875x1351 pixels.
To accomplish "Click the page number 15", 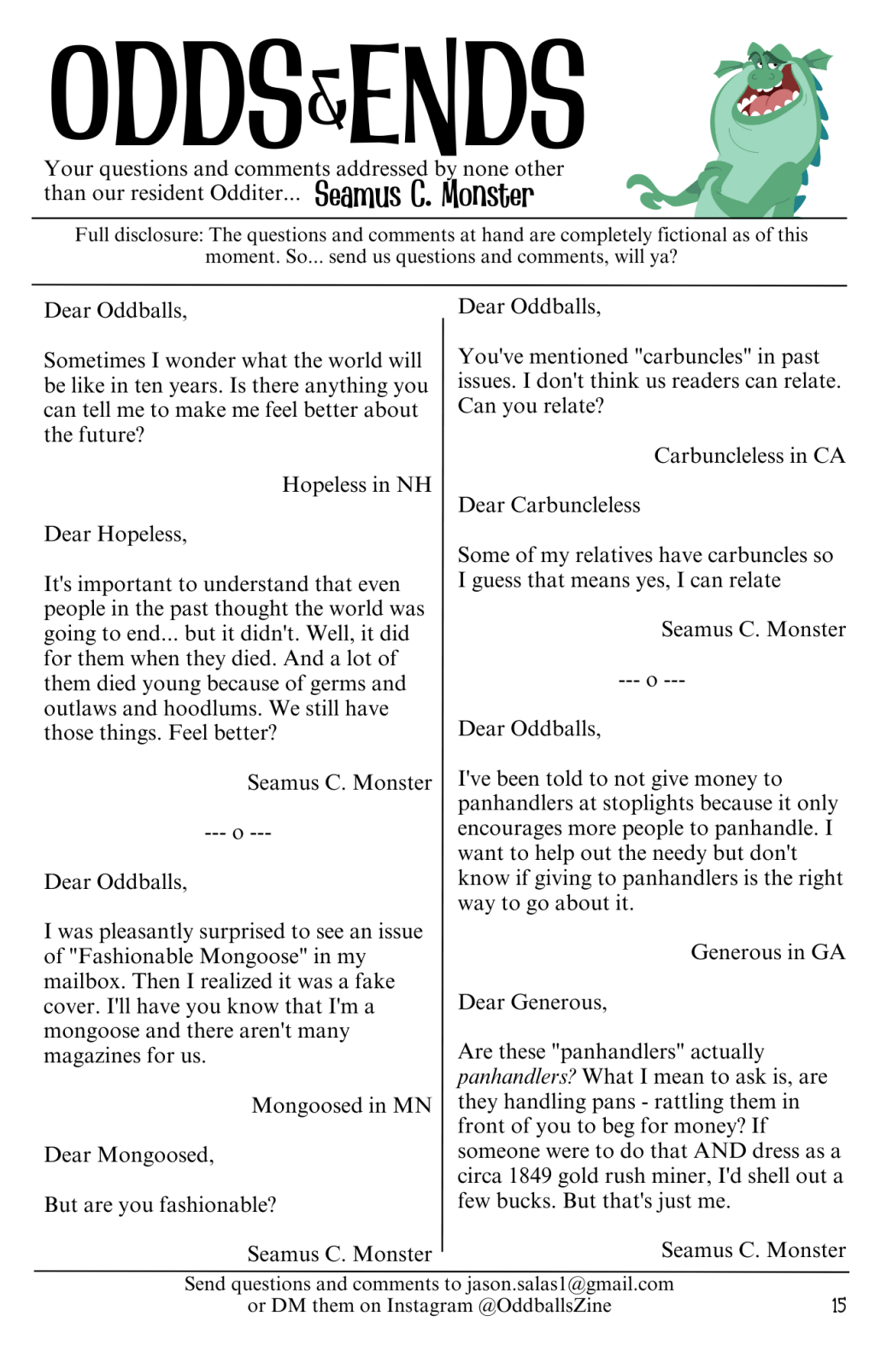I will [x=838, y=1305].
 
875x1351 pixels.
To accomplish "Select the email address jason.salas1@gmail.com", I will [x=569, y=1284].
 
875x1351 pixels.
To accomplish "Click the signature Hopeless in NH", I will [x=356, y=485].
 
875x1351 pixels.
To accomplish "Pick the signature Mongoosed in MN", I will [x=341, y=1105].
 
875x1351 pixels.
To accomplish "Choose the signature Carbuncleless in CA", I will [x=749, y=455].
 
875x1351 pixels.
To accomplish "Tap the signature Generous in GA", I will [x=767, y=952].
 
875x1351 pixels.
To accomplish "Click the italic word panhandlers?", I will [x=516, y=1077].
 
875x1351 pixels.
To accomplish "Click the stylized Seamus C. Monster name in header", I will [x=424, y=195].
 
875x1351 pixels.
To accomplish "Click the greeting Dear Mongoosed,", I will [x=129, y=1155].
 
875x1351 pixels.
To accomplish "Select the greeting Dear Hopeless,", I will [x=115, y=535].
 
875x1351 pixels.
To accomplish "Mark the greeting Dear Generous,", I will [x=532, y=1002].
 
